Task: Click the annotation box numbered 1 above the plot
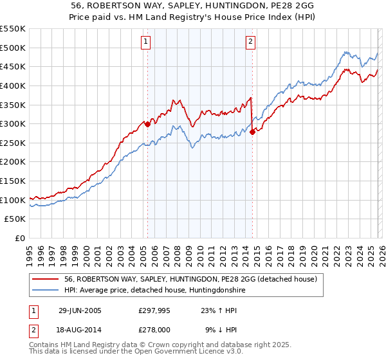coord(147,42)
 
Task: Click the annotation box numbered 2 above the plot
coord(250,42)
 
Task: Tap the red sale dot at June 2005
coord(147,124)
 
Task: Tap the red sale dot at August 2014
coord(252,132)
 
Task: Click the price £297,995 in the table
coord(153,310)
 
